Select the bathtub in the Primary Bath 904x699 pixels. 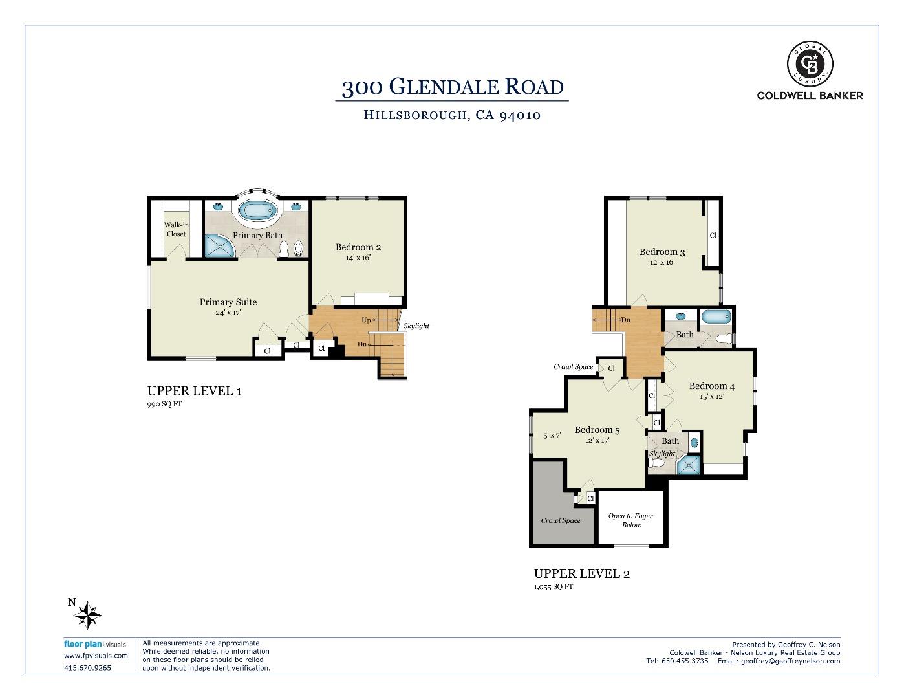pyautogui.click(x=257, y=210)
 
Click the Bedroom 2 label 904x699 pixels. pyautogui.click(x=358, y=247)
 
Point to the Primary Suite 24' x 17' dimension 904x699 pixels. pyautogui.click(x=228, y=313)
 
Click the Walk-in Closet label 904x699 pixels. pyautogui.click(x=176, y=229)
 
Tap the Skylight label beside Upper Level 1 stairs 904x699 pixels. pyautogui.click(x=416, y=326)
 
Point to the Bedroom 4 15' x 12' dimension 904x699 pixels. pyautogui.click(x=711, y=397)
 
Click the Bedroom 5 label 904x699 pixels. pyautogui.click(x=597, y=430)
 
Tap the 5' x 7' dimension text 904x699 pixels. pyautogui.click(x=552, y=436)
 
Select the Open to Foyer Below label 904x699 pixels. pyautogui.click(x=630, y=520)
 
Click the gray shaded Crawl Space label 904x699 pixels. pyautogui.click(x=561, y=520)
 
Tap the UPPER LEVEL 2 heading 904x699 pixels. pyautogui.click(x=581, y=573)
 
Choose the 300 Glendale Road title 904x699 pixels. pyautogui.click(x=452, y=87)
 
